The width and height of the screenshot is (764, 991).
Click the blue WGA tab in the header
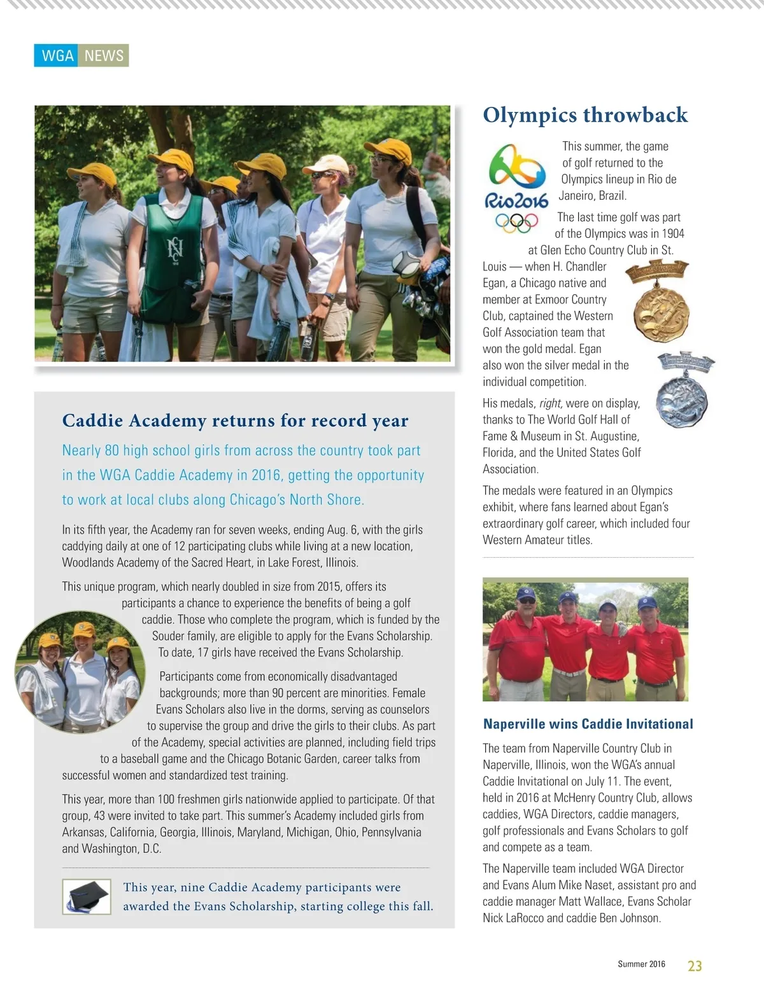[x=57, y=56]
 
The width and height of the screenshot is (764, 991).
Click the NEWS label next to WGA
[x=104, y=56]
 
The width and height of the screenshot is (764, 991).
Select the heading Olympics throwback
[x=585, y=115]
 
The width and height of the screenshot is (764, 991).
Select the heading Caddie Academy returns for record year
[x=235, y=420]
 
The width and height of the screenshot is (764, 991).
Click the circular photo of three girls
[x=80, y=672]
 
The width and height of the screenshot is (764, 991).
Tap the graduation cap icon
[x=86, y=896]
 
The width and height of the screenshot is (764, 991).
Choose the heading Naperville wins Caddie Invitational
[x=588, y=724]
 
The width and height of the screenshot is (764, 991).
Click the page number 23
[x=695, y=966]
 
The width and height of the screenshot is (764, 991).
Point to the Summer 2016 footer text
[x=641, y=964]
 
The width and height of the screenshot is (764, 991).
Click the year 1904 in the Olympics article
[x=671, y=234]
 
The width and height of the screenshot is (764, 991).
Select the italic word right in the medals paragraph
[x=550, y=403]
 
